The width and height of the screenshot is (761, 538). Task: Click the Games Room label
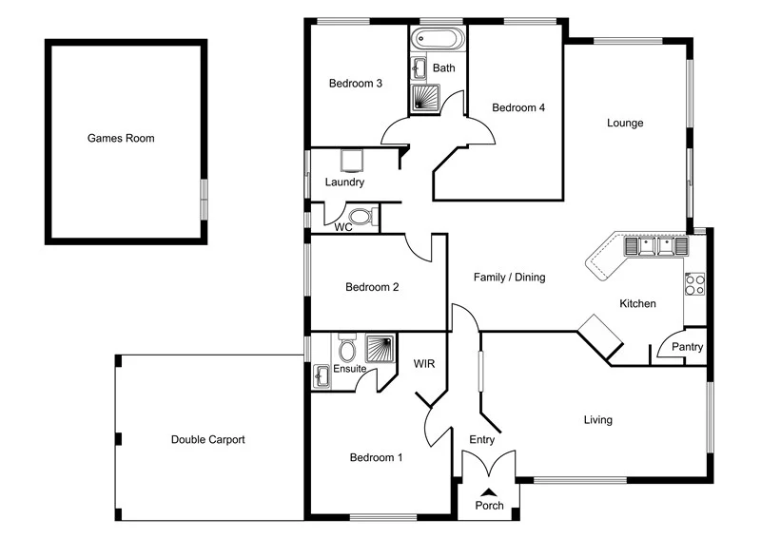coord(121,138)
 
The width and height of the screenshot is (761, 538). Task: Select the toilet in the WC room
coord(364,217)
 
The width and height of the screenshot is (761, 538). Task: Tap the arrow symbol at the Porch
coord(489,490)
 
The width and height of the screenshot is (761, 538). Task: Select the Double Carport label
coord(207,440)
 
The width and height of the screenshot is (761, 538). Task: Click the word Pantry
coord(687,347)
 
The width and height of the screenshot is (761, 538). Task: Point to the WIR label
coord(423,363)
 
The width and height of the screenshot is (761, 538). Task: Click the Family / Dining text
coord(510,278)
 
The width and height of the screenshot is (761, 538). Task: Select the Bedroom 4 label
coord(517,108)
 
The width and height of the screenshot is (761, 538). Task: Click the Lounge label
coord(626,123)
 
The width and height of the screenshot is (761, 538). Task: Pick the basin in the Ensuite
coord(322,376)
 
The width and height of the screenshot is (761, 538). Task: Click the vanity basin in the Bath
coord(420,67)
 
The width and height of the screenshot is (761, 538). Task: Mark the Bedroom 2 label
coord(372,287)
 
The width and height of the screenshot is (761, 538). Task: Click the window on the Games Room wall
coord(203,201)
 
